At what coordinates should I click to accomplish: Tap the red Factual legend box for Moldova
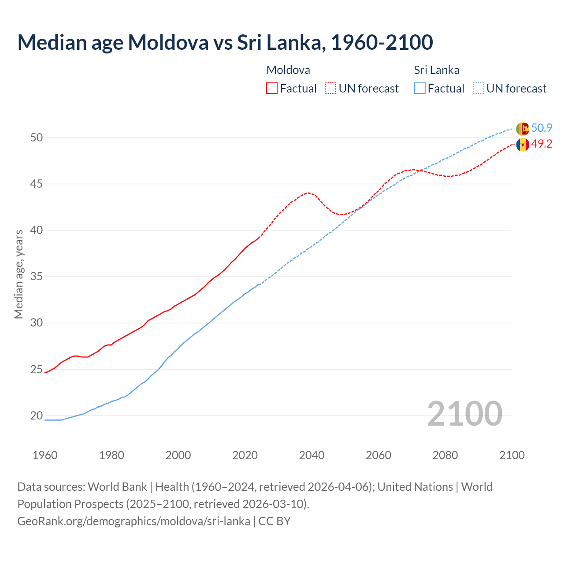click(272, 88)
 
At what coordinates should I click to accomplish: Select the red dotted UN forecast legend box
click(330, 88)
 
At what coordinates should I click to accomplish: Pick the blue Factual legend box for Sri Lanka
click(420, 88)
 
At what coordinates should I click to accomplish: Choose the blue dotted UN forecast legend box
click(479, 88)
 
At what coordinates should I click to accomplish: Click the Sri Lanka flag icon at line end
click(523, 128)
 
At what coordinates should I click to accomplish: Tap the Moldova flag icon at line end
click(523, 144)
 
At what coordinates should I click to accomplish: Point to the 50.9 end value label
click(542, 128)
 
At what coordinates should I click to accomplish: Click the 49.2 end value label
click(542, 144)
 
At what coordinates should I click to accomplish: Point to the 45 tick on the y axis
click(36, 184)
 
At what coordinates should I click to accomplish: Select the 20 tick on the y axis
click(36, 416)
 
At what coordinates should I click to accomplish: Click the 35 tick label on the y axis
click(36, 277)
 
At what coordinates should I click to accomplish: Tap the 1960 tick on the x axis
click(45, 455)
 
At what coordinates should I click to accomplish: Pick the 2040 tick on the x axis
click(312, 455)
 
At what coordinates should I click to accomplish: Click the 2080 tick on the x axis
click(445, 455)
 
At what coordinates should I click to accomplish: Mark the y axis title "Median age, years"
click(19, 274)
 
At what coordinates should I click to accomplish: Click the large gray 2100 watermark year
click(464, 414)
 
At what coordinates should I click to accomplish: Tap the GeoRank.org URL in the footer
click(134, 521)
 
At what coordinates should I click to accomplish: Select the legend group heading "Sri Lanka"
click(436, 70)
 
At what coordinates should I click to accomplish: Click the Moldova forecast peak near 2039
click(308, 193)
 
